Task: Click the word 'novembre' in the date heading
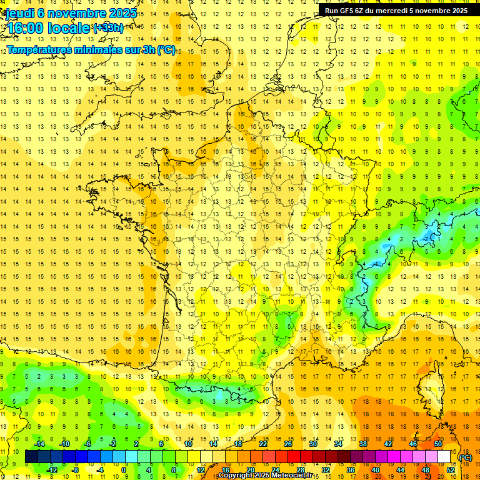pyautogui.click(x=81, y=13)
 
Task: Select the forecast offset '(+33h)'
pyautogui.click(x=107, y=27)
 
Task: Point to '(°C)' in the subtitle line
pyautogui.click(x=166, y=50)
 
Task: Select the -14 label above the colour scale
pyautogui.click(x=39, y=444)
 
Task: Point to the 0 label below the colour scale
pyautogui.click(x=124, y=469)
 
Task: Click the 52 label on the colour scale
pyautogui.click(x=451, y=469)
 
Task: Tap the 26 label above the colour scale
pyautogui.click(x=288, y=444)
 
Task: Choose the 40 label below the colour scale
pyautogui.click(x=375, y=469)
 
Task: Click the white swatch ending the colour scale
pyautogui.click(x=444, y=456)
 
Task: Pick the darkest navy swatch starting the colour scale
pyautogui.click(x=31, y=456)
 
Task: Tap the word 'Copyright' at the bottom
pyautogui.click(x=236, y=476)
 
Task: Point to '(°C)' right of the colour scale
pyautogui.click(x=466, y=457)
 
